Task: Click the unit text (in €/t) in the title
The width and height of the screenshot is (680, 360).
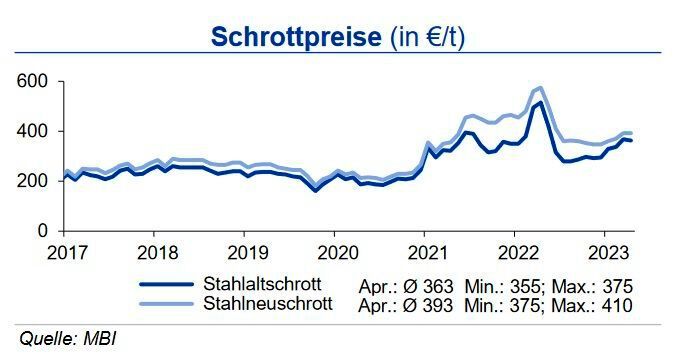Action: click(422, 37)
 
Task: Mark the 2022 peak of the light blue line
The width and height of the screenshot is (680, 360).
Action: click(541, 88)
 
